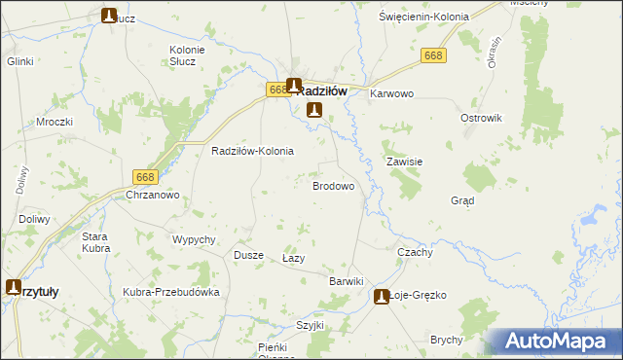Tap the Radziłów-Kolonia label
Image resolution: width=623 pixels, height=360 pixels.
pyautogui.click(x=252, y=152)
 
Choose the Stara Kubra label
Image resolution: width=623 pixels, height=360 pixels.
pyautogui.click(x=94, y=242)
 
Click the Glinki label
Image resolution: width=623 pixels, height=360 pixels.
pyautogui.click(x=20, y=61)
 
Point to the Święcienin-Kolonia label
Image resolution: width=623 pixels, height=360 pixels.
pyautogui.click(x=423, y=18)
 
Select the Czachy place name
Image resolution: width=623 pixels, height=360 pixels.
pyautogui.click(x=415, y=252)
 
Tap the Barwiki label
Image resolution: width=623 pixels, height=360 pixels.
pyautogui.click(x=346, y=281)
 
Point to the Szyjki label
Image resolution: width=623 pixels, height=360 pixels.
pyautogui.click(x=310, y=326)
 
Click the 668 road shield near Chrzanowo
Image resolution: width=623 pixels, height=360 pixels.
pyautogui.click(x=145, y=176)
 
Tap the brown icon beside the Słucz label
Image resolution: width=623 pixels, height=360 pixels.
pyautogui.click(x=110, y=15)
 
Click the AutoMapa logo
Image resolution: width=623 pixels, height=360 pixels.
pyautogui.click(x=552, y=341)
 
